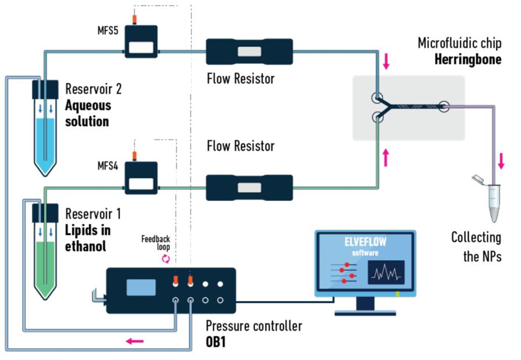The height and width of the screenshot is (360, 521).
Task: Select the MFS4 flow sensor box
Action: [141, 179]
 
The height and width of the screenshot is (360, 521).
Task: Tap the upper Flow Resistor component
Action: [249, 52]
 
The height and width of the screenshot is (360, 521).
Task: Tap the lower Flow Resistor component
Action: [249, 188]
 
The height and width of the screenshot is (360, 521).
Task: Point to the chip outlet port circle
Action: [444, 107]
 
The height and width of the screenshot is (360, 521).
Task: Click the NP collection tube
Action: [494, 201]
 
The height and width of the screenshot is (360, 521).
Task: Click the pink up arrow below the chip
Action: [386, 155]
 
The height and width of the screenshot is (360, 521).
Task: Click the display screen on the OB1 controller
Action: [141, 287]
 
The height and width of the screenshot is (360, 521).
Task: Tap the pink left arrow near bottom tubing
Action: [134, 340]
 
